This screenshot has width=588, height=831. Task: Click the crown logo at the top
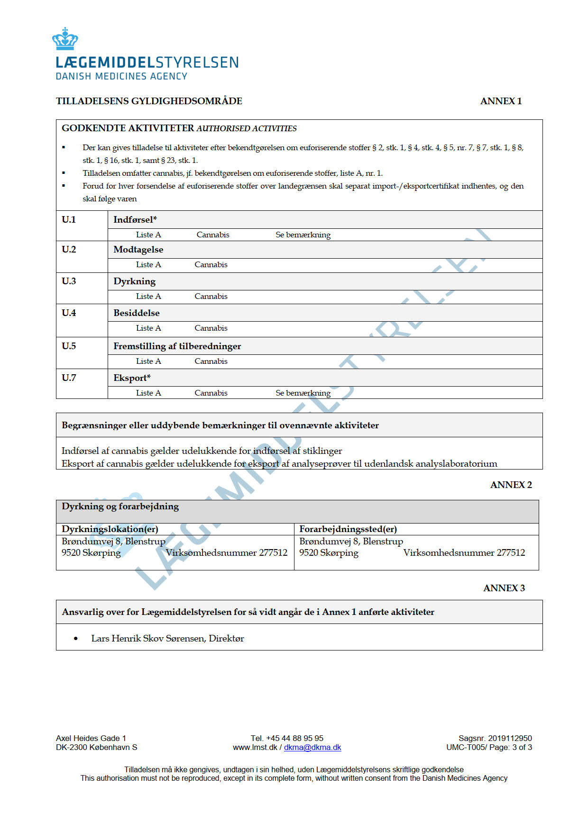[65, 39]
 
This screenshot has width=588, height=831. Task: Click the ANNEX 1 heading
[501, 101]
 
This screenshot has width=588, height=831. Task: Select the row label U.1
[69, 219]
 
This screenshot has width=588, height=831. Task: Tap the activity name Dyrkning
[134, 281]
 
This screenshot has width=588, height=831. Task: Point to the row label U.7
[69, 378]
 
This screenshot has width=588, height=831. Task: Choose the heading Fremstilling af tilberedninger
[177, 346]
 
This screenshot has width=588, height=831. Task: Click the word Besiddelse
[136, 313]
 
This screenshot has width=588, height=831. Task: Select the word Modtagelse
[138, 250]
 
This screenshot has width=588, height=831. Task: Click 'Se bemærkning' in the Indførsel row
[303, 235]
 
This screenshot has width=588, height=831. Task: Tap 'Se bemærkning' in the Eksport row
[303, 393]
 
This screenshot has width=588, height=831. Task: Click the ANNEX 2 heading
[511, 485]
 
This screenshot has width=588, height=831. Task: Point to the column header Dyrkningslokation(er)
[110, 529]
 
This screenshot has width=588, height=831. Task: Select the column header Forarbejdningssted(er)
[348, 529]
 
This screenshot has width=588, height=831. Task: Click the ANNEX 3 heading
[504, 588]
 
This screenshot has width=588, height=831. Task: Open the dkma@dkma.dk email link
[312, 747]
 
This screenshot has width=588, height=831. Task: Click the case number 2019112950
[510, 738]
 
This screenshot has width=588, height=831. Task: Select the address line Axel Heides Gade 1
[91, 738]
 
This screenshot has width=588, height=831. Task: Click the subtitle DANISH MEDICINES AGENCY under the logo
[121, 76]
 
